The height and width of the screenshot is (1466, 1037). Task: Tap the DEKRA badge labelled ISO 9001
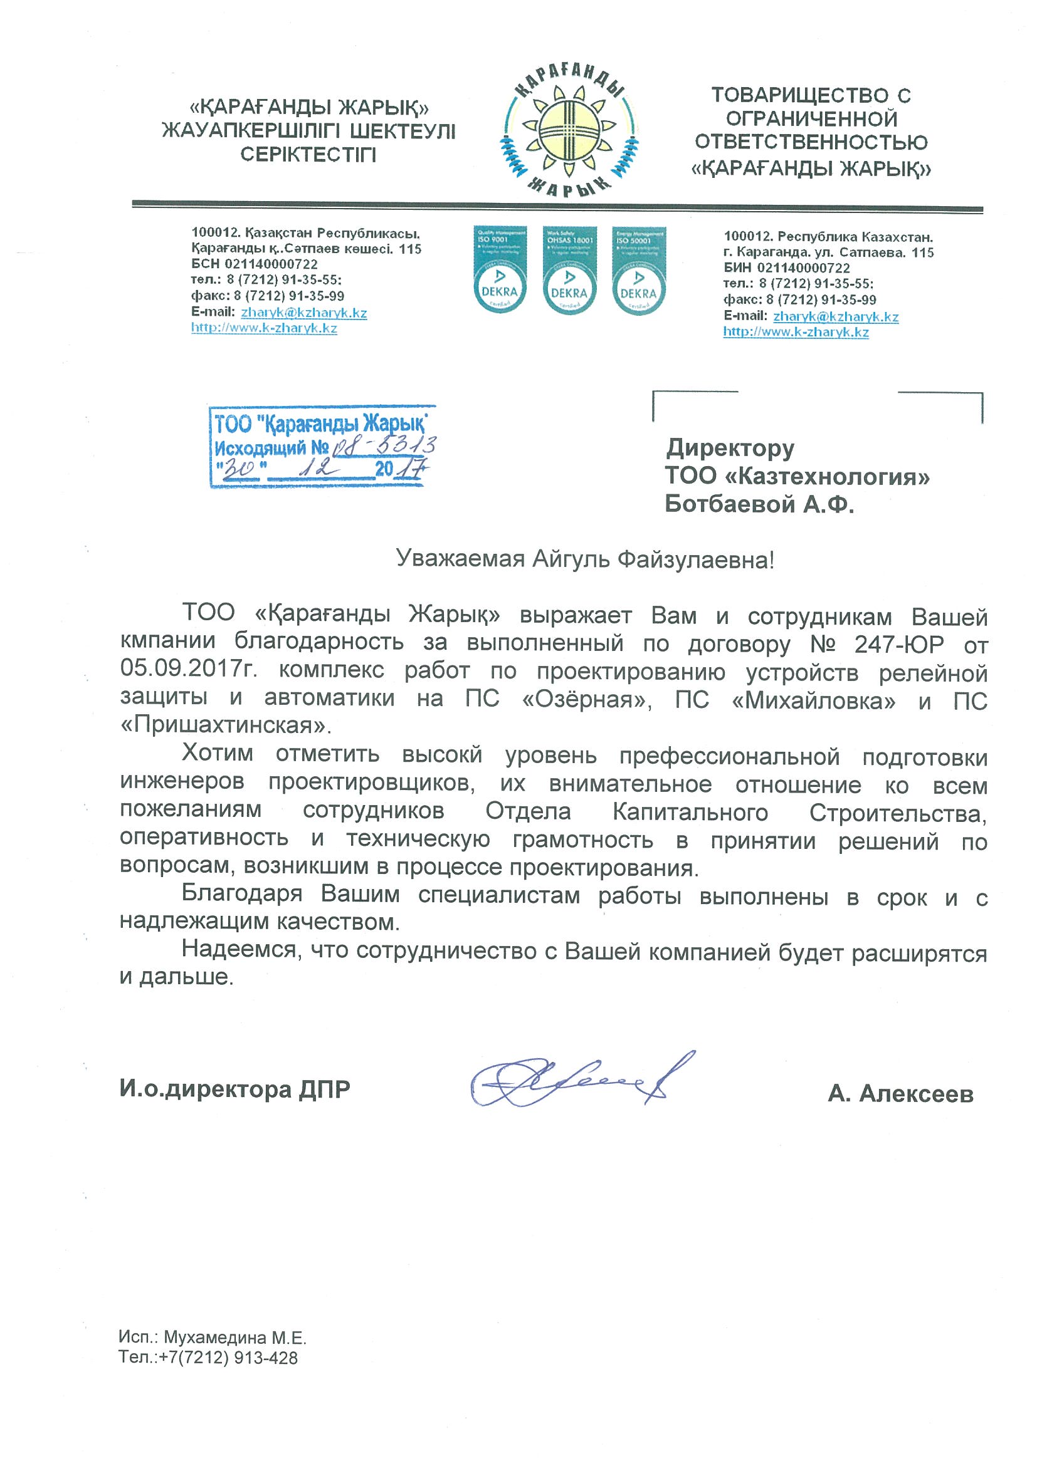[500, 269]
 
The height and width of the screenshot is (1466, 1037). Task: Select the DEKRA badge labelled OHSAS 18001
[569, 269]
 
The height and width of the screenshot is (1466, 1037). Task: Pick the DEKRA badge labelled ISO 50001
[638, 269]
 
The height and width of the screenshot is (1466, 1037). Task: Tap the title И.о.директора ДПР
[234, 1089]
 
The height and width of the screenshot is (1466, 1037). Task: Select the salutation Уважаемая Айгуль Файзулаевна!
[584, 560]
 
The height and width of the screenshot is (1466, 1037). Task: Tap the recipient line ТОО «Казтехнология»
[797, 476]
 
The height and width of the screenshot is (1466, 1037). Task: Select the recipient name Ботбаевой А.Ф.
[759, 504]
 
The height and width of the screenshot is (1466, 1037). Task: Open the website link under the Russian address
[796, 333]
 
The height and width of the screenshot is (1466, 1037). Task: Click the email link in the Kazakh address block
[303, 313]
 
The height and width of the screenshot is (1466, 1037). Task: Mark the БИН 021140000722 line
[787, 268]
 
